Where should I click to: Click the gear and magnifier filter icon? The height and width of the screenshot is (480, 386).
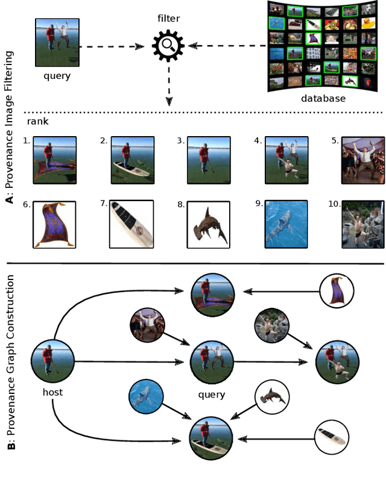tap(168, 46)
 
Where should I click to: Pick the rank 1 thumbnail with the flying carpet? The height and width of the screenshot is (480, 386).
tap(54, 159)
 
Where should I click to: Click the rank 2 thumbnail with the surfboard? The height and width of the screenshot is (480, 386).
tap(131, 159)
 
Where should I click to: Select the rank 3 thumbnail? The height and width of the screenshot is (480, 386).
tap(208, 159)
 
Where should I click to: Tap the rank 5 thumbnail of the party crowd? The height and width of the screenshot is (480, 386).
tap(362, 159)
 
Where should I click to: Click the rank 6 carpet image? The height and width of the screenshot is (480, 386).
tap(54, 224)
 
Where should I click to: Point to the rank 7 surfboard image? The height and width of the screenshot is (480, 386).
tap(131, 224)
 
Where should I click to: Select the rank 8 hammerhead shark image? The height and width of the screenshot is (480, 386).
tap(208, 224)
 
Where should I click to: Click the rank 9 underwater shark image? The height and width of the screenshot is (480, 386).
tap(286, 224)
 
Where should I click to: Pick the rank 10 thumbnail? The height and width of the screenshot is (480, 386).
tap(362, 224)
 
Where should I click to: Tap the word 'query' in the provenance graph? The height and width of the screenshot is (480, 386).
tap(211, 395)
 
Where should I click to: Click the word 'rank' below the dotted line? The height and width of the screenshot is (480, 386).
tap(37, 121)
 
